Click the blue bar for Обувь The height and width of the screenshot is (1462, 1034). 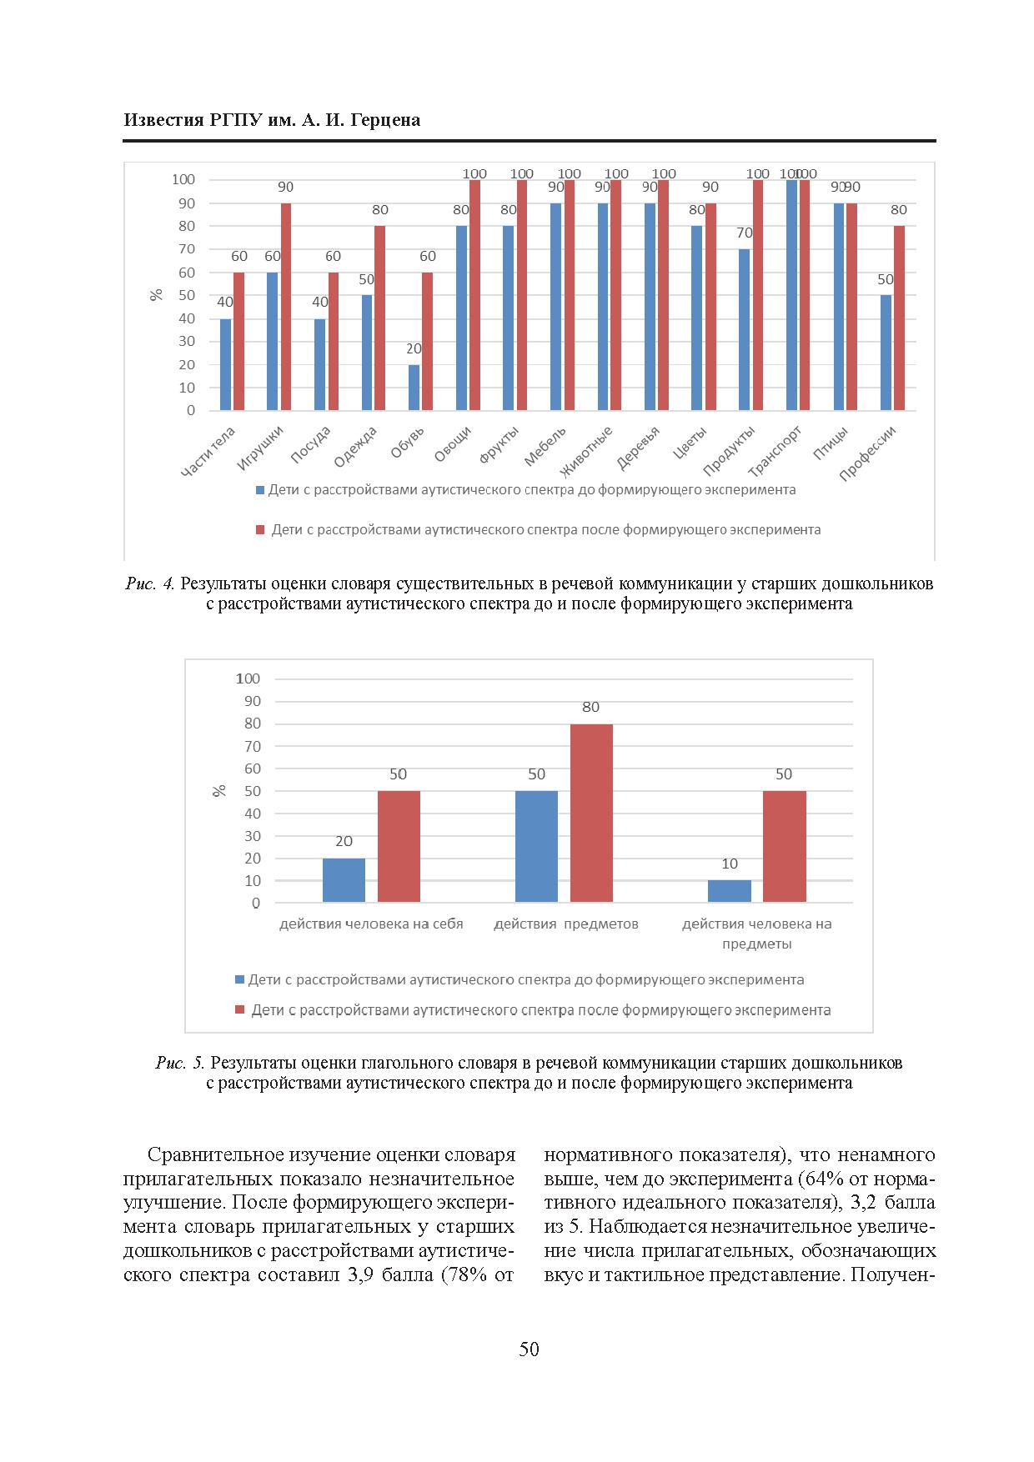(x=414, y=388)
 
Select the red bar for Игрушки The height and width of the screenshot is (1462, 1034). (x=286, y=307)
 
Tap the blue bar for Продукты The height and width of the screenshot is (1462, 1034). (x=745, y=329)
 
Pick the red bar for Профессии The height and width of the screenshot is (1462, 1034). (x=899, y=318)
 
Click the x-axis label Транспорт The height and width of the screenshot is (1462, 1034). (x=775, y=450)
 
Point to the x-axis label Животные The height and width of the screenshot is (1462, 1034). (x=587, y=451)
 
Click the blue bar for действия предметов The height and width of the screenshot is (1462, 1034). (x=536, y=846)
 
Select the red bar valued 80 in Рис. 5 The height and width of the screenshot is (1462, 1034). (x=591, y=813)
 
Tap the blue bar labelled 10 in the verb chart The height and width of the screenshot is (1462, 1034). (x=730, y=891)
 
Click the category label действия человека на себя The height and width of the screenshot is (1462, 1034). (x=371, y=924)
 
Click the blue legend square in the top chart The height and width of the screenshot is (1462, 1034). (x=260, y=490)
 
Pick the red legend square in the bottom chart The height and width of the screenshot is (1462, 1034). (x=240, y=1010)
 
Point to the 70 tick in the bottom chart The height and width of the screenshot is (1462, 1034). (x=253, y=746)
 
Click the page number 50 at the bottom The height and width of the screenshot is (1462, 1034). (x=529, y=1349)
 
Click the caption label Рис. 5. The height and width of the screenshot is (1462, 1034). (x=180, y=1063)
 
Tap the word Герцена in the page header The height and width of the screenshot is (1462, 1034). (x=385, y=120)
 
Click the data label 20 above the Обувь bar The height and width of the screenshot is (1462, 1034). (x=414, y=348)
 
